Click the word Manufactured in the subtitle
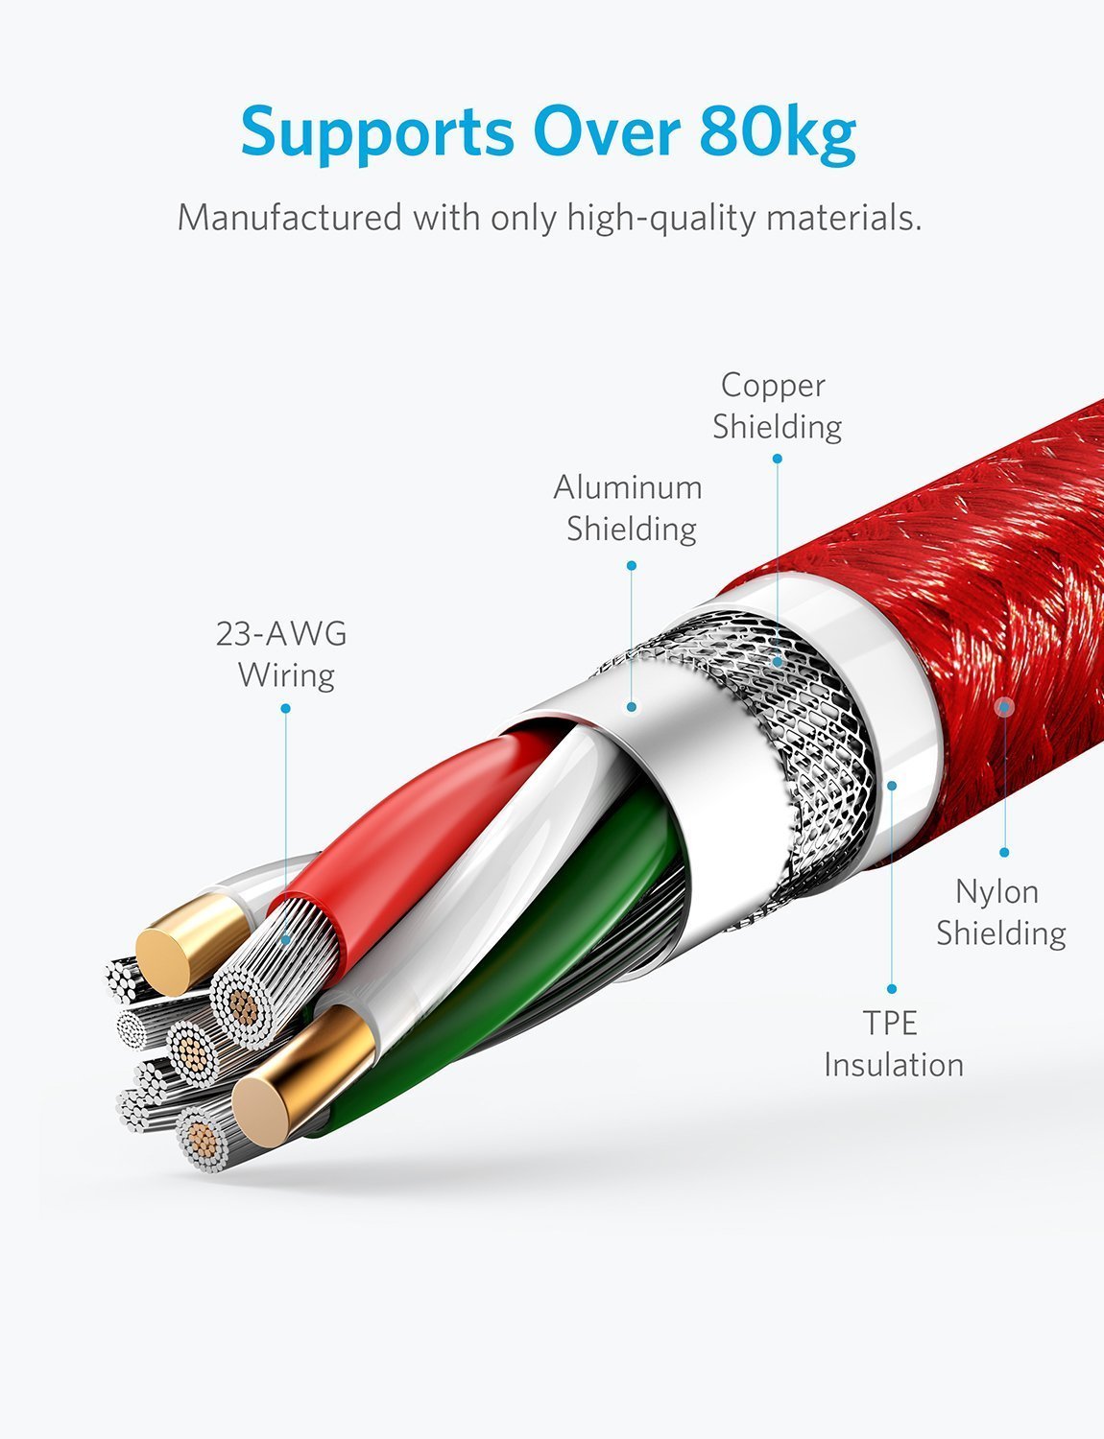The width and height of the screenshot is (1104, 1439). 290,217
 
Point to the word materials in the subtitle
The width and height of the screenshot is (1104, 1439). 844,218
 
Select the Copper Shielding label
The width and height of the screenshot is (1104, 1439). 777,406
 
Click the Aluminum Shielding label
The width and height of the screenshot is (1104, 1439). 628,507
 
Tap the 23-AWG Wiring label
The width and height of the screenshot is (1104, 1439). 281,654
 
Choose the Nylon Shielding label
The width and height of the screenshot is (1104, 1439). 1001,912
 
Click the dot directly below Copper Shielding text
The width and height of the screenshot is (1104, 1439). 778,459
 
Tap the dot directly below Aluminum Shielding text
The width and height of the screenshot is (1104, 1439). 632,566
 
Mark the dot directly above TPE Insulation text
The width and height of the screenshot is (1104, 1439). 891,989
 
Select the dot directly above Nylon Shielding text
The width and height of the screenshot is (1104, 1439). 1004,853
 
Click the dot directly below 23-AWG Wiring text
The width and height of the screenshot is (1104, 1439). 286,709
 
